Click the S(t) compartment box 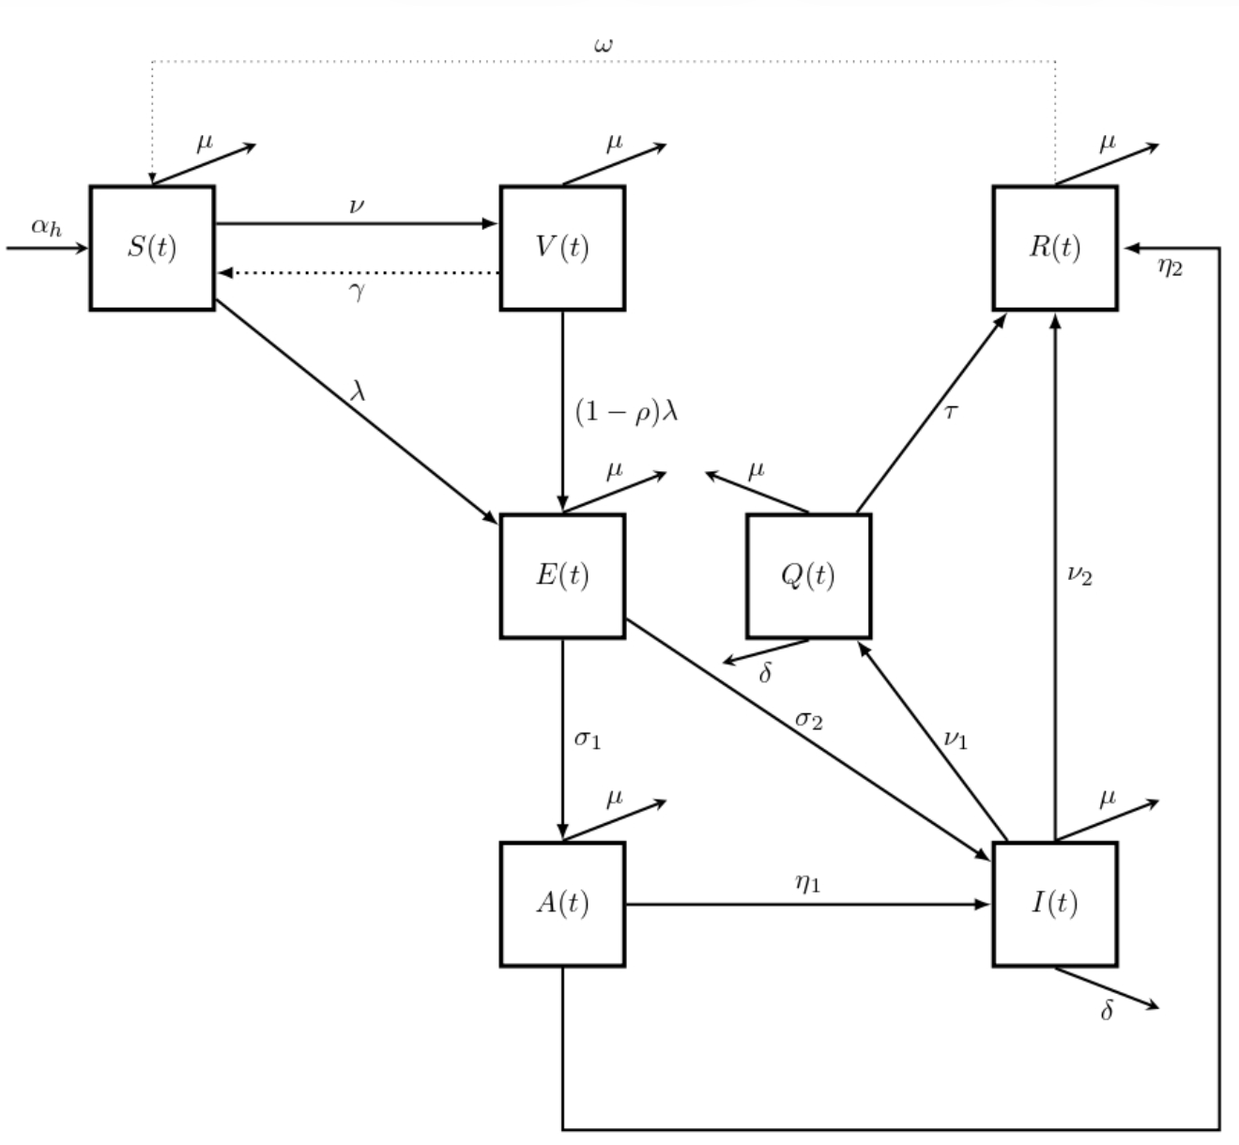pos(152,248)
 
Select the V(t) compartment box pos(562,248)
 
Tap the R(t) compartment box pos(1055,248)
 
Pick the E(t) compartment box pos(562,575)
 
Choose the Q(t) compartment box pos(808,575)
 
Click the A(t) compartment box pos(562,904)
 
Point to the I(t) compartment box pos(1055,904)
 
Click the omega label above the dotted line pos(604,44)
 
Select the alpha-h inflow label pos(46,226)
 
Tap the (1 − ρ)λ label pos(625,412)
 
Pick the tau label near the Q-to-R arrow pos(950,411)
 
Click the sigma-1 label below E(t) pos(588,739)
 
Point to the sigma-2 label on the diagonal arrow pos(809,720)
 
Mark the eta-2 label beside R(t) pos(1170,267)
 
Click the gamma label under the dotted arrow pos(357,291)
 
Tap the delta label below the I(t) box pos(1107,1011)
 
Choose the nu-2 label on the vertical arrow pos(1079,574)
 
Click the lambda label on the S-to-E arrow pos(358,390)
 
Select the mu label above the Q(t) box pos(756,470)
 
